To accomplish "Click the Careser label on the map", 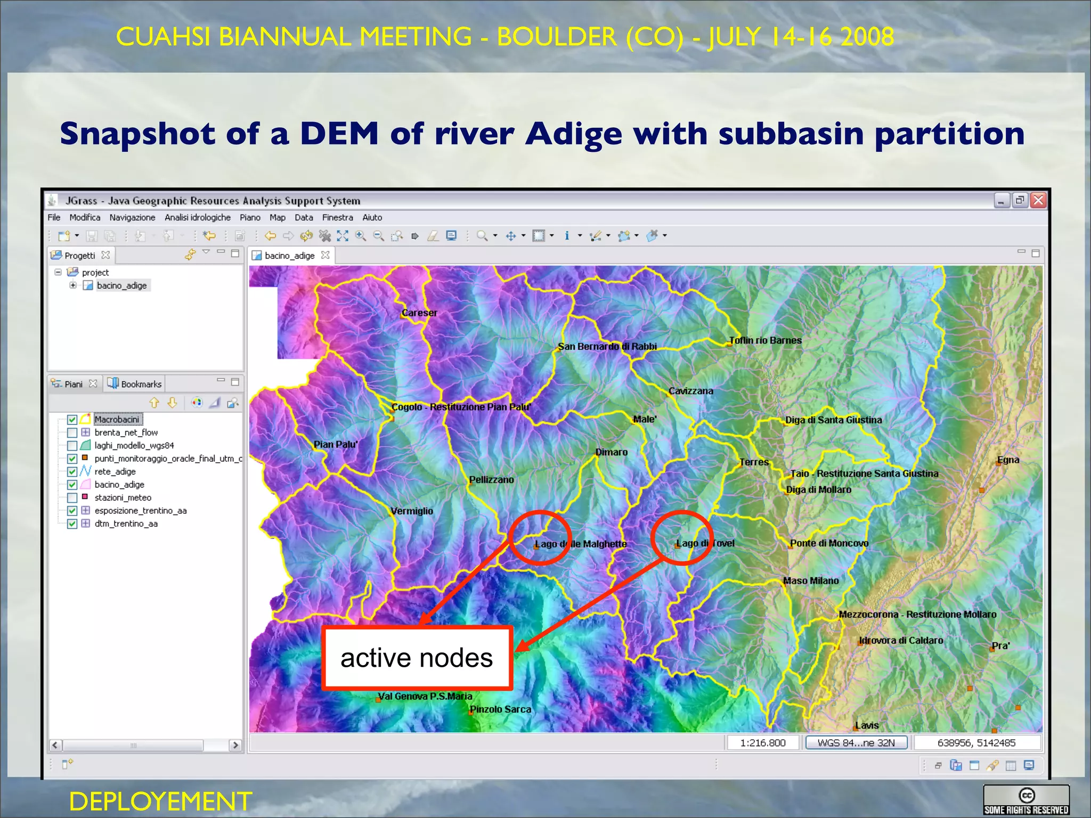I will point(419,313).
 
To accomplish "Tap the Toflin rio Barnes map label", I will point(765,340).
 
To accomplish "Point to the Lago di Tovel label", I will point(705,543).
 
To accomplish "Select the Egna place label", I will point(1008,460).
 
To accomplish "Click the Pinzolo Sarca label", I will point(500,709).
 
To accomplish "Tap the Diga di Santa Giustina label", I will point(833,420).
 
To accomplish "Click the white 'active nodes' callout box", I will point(417,658).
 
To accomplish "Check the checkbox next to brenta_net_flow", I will point(72,433).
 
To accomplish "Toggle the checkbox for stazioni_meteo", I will point(72,498).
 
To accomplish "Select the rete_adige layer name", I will point(115,472).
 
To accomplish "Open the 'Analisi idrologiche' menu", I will point(197,218).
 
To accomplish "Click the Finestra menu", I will point(337,218).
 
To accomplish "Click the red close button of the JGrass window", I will point(1038,201).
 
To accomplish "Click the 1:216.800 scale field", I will point(762,743).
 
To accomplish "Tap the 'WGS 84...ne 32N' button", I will point(856,743).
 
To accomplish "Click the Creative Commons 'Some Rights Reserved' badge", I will point(1026,800).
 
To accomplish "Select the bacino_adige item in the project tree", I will point(121,286).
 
